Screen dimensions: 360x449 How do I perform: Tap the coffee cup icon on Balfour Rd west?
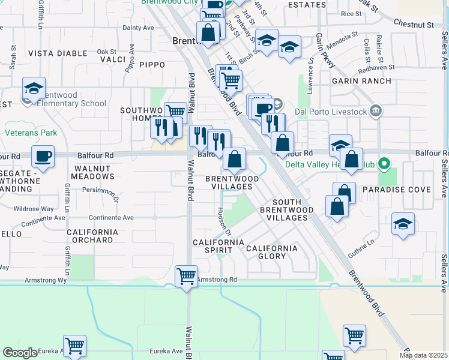tap(43, 157)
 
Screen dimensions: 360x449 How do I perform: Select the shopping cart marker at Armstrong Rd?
tap(186, 277)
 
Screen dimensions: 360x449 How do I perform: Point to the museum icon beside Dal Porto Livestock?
tap(376, 110)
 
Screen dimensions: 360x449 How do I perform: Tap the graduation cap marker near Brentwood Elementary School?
tap(34, 89)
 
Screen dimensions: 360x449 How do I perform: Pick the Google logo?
tap(20, 353)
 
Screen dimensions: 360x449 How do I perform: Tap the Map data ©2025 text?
tap(423, 355)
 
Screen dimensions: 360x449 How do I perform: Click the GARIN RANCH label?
tap(361, 81)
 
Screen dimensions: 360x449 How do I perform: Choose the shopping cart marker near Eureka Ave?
tap(75, 346)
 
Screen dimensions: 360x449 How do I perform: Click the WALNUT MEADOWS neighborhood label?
tap(92, 173)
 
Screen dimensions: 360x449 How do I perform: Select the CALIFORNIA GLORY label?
tap(271, 252)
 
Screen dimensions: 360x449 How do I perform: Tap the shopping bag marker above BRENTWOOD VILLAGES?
tap(235, 160)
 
